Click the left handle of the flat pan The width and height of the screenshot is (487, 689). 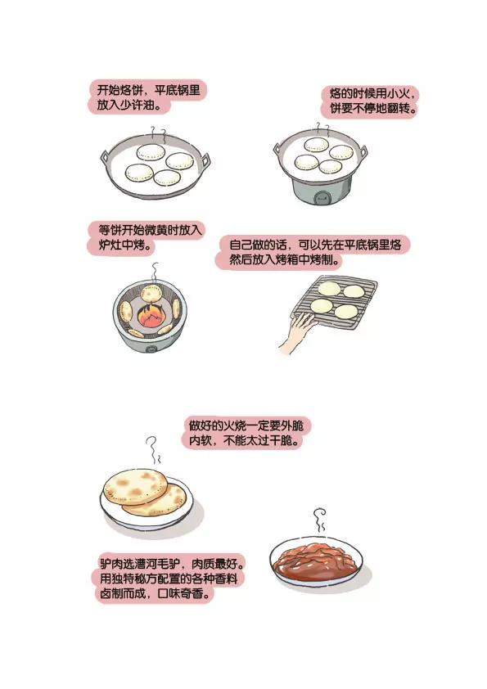coord(106,157)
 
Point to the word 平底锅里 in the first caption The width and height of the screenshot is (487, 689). coord(177,91)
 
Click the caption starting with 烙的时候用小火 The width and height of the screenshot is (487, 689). coord(373,101)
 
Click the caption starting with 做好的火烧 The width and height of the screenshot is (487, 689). coord(246,433)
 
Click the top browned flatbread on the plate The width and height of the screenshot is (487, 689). coord(135,487)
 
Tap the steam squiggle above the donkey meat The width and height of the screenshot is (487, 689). coord(320,520)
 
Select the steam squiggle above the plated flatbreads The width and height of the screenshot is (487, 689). coord(152,449)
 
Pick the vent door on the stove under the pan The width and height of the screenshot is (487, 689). coord(322,199)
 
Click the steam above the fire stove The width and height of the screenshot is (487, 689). coord(154,272)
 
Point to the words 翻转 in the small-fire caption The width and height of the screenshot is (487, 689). coord(399,109)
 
